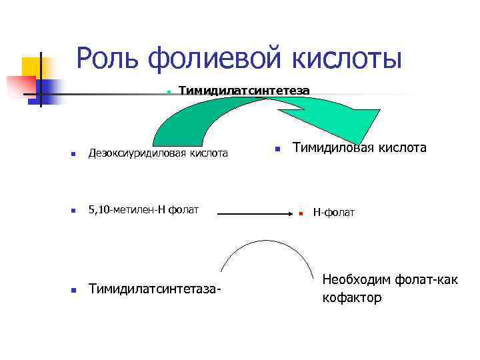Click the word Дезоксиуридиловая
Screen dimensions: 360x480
point(139,153)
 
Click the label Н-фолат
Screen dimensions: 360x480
point(334,213)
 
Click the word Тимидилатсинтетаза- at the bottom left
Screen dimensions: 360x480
point(155,289)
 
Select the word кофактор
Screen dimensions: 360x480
point(352,298)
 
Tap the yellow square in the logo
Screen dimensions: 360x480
point(32,67)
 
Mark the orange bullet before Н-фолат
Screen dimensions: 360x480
point(301,213)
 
